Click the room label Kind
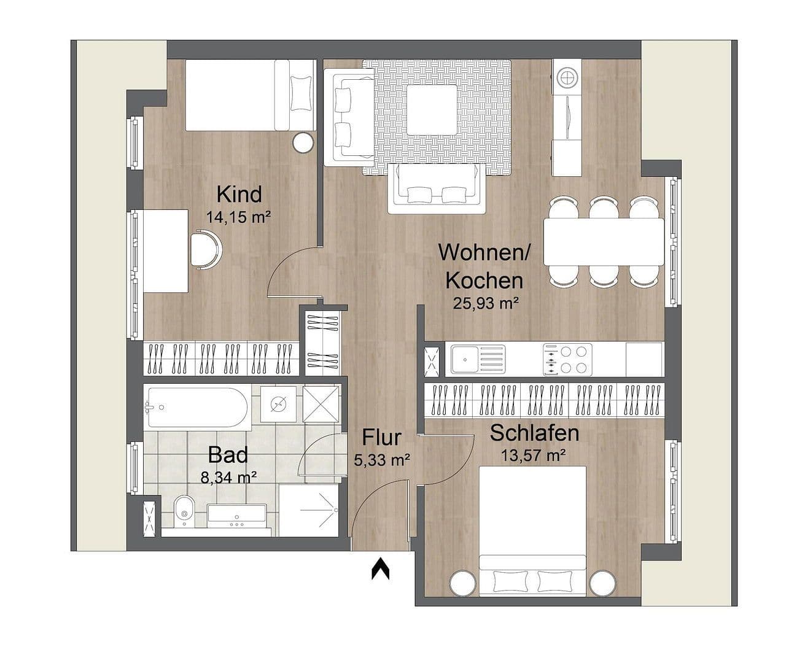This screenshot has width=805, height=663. point(239,194)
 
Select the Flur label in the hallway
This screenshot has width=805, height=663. point(381,438)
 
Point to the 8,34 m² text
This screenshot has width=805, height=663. point(228,476)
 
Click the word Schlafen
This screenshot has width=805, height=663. point(534,433)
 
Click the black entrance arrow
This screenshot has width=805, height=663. point(380,569)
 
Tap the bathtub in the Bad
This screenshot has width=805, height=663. point(196,407)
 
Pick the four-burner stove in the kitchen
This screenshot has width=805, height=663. point(567,360)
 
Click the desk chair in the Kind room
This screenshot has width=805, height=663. point(205,249)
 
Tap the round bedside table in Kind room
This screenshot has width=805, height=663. point(303,143)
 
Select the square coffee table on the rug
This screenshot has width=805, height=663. point(431,110)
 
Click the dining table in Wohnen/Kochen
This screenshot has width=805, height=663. point(603,241)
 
